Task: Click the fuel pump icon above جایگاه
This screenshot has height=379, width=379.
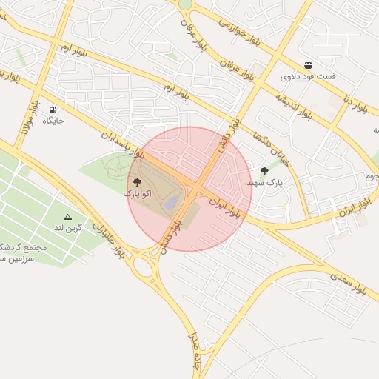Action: tap(53, 110)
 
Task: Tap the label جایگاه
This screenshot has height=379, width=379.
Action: tap(53, 120)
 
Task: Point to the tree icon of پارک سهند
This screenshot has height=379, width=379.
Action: tap(264, 171)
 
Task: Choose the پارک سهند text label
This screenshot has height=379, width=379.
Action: tap(264, 182)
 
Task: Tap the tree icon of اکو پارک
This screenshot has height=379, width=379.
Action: tap(137, 182)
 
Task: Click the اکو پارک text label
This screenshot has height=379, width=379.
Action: tap(137, 193)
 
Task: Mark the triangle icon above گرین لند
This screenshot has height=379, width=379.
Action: tap(68, 217)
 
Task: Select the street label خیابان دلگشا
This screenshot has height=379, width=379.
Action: tap(270, 148)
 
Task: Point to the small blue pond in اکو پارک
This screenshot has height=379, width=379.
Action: tap(171, 201)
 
